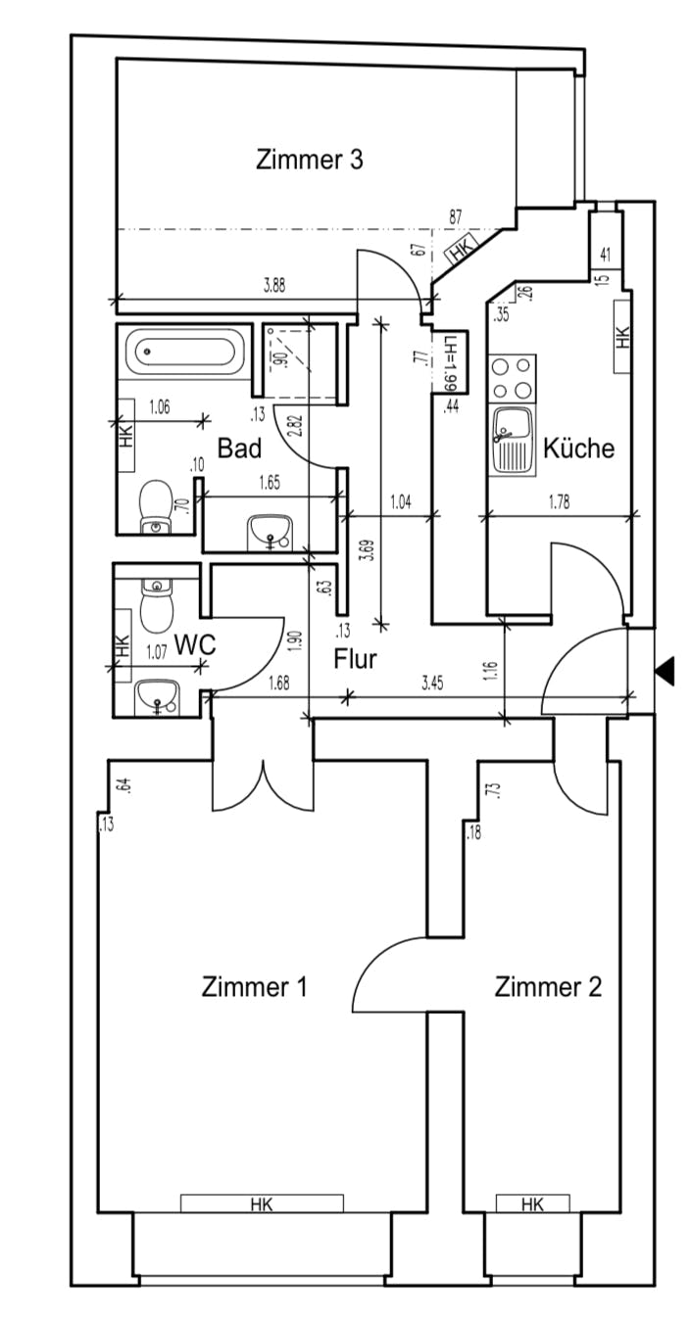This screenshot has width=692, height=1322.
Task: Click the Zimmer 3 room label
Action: (309, 160)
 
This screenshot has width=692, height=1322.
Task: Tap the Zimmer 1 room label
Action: (255, 986)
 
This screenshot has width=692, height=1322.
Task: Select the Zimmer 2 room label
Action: (548, 986)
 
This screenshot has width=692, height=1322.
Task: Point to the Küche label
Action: (579, 449)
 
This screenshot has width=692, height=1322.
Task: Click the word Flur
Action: (355, 659)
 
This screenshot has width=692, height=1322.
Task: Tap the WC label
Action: (194, 645)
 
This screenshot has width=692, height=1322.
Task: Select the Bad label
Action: (239, 449)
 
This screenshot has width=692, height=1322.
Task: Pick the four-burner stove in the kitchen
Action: (514, 379)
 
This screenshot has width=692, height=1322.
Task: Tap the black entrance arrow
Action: (666, 671)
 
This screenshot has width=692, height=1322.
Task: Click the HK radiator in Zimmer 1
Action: (262, 1204)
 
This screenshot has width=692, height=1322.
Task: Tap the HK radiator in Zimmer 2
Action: (532, 1204)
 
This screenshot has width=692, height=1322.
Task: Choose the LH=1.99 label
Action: (450, 361)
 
